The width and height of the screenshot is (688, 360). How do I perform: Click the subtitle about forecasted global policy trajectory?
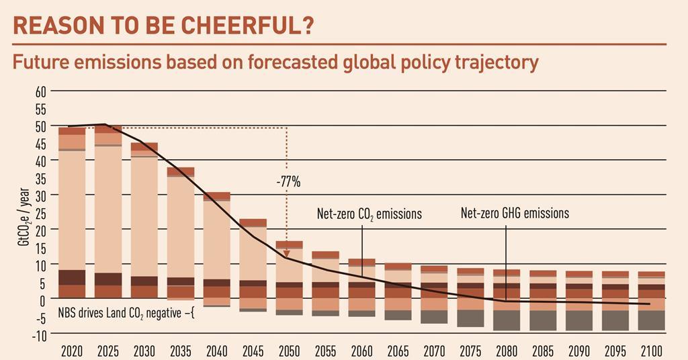click(x=275, y=62)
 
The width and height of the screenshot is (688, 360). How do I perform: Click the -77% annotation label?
click(x=288, y=182)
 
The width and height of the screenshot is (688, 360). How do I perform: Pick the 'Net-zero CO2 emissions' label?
click(x=369, y=214)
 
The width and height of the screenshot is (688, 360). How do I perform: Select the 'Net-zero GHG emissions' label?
click(x=515, y=214)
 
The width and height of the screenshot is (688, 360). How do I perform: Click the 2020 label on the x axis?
click(x=71, y=351)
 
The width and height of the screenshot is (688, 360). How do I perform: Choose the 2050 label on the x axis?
click(x=289, y=351)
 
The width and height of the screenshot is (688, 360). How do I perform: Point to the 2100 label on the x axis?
click(x=651, y=351)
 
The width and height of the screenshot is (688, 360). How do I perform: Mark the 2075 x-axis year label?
click(x=470, y=351)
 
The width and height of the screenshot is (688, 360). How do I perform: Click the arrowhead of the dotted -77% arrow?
click(x=287, y=255)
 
